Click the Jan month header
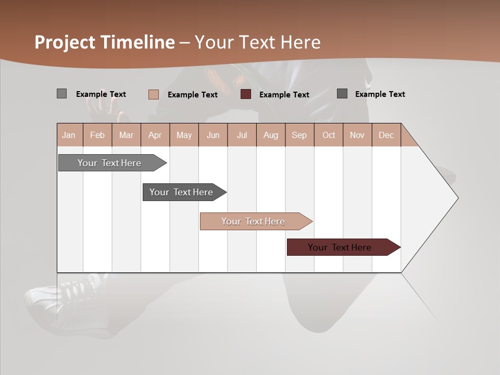(69, 135)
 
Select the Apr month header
(155, 135)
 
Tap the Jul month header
(242, 135)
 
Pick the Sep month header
(299, 135)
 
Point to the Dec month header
(386, 135)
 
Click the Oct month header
(329, 135)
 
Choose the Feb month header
(97, 135)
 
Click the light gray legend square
(61, 94)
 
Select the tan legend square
(153, 94)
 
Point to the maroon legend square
(246, 94)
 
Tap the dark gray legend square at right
(342, 94)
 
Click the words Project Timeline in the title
(104, 42)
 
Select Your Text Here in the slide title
(258, 42)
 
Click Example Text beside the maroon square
(284, 95)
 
